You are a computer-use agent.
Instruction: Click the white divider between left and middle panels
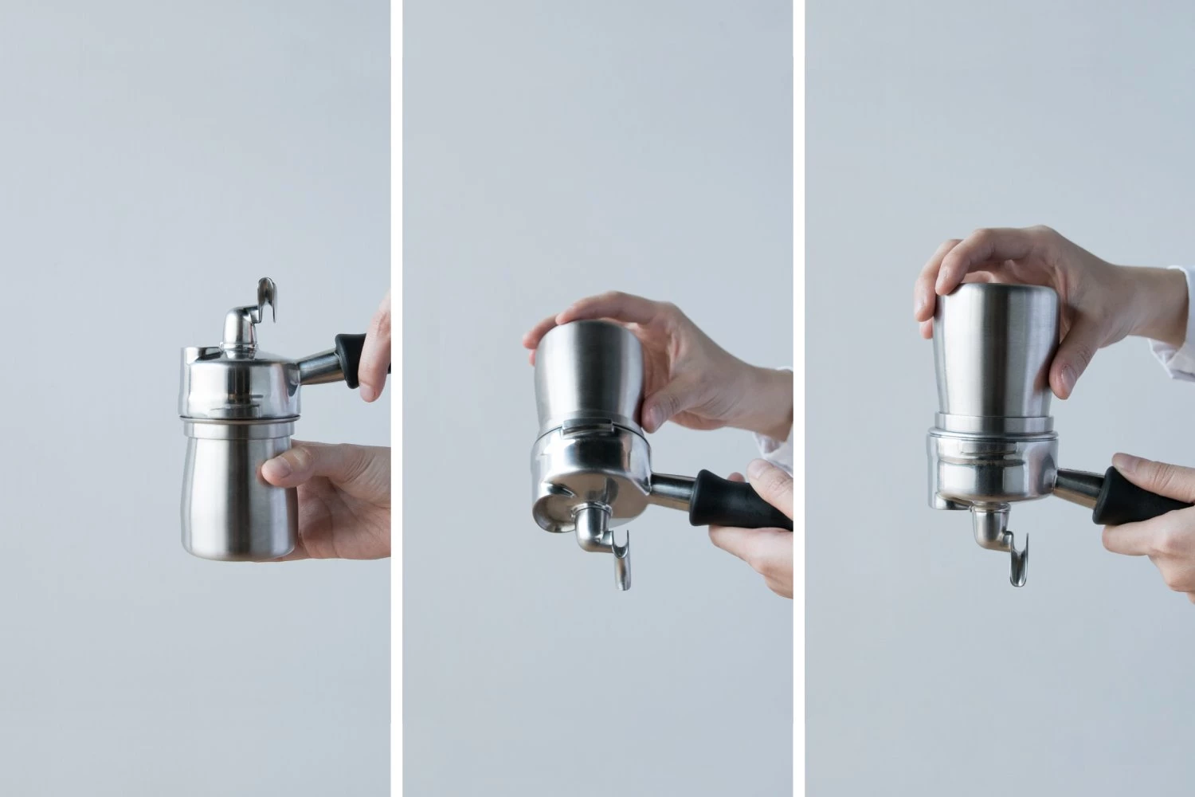[x=396, y=398]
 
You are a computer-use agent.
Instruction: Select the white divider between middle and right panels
[x=799, y=398]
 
